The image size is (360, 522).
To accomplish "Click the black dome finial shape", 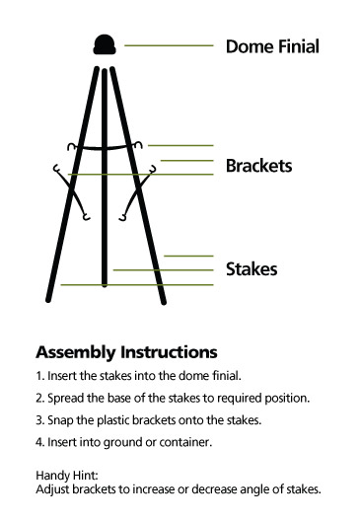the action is pyautogui.click(x=105, y=44).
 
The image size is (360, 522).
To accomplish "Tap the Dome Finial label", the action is pyautogui.click(x=272, y=46).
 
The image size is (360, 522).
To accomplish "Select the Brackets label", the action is pyautogui.click(x=258, y=166).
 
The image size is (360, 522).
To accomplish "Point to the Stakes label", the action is pyautogui.click(x=252, y=269).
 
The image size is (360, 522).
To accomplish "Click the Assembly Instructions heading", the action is pyautogui.click(x=126, y=352).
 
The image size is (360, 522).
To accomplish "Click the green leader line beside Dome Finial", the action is pyautogui.click(x=169, y=45).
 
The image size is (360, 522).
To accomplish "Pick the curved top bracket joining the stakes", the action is pyautogui.click(x=105, y=146).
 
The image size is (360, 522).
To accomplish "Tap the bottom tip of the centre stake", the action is pyautogui.click(x=105, y=285).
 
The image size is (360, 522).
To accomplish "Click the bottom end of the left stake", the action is pyautogui.click(x=48, y=300).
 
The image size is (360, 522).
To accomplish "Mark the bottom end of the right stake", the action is pyautogui.click(x=164, y=302).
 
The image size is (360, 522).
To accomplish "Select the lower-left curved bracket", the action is pyautogui.click(x=72, y=192).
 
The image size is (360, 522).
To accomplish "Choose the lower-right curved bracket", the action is pyautogui.click(x=137, y=192).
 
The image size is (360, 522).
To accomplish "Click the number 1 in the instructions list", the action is pyautogui.click(x=39, y=376).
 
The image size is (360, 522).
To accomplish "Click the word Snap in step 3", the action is pyautogui.click(x=60, y=420).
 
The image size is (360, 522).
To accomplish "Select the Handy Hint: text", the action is pyautogui.click(x=67, y=476).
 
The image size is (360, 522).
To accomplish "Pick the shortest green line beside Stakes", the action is pyautogui.click(x=188, y=256).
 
